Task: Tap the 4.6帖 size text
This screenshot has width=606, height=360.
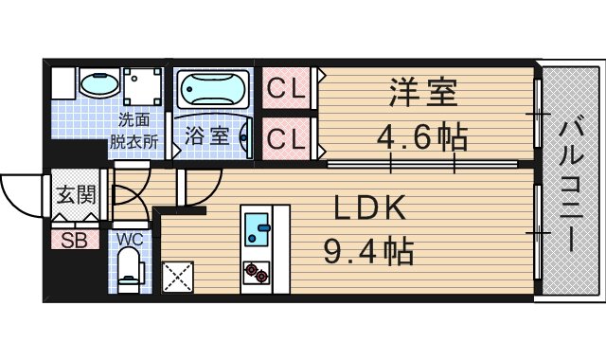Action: [422, 138]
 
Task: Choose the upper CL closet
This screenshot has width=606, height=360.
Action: [286, 90]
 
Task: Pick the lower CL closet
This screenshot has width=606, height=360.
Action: [286, 138]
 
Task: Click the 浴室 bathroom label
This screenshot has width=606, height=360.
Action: [205, 135]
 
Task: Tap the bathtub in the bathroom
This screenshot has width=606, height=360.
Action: [214, 91]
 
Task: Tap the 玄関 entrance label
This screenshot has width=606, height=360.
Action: [76, 196]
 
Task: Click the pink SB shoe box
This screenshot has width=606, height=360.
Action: [75, 240]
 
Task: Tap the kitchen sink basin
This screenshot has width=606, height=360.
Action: [256, 225]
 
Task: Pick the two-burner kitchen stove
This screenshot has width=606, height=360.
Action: [256, 272]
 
